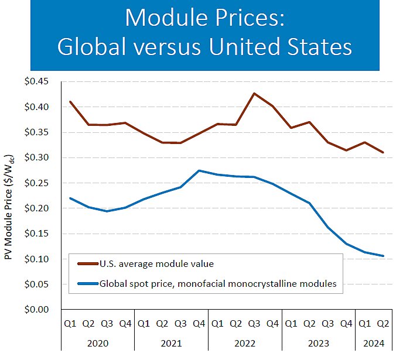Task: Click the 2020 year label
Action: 98,343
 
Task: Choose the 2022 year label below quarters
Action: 245,343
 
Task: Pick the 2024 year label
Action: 374,343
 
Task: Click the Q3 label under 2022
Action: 254,323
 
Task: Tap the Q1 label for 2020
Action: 70,323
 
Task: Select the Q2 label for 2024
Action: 383,323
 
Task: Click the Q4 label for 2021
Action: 199,323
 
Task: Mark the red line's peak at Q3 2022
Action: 254,93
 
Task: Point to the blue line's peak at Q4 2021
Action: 199,170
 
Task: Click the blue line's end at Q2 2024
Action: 383,256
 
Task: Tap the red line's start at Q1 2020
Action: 70,102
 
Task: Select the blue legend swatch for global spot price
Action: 86,284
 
